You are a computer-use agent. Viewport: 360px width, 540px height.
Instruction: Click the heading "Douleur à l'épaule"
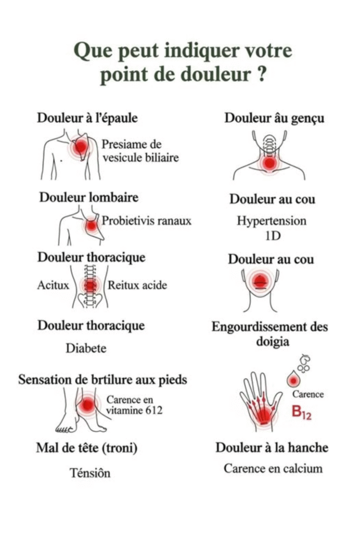pyautogui.click(x=87, y=118)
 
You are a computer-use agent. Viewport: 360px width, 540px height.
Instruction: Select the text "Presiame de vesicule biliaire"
pyautogui.click(x=140, y=151)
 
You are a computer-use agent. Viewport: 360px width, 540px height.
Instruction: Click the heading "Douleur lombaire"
pyautogui.click(x=89, y=198)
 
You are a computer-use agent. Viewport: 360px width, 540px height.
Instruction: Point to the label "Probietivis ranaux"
pyautogui.click(x=146, y=221)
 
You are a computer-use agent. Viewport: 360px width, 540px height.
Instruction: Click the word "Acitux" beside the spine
pyautogui.click(x=53, y=285)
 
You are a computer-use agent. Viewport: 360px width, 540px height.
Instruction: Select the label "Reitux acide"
pyautogui.click(x=138, y=285)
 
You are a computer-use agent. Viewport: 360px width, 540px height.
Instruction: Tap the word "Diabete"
pyautogui.click(x=86, y=348)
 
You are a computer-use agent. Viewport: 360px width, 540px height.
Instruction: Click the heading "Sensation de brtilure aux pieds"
pyautogui.click(x=103, y=380)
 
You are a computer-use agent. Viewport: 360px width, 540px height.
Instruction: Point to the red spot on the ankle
pyautogui.click(x=87, y=406)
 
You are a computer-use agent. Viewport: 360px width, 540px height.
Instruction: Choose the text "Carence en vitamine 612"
pyautogui.click(x=134, y=405)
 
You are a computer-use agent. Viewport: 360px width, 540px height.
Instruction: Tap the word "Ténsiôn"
pyautogui.click(x=91, y=473)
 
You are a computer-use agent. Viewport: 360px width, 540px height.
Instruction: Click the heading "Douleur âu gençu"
pyautogui.click(x=274, y=118)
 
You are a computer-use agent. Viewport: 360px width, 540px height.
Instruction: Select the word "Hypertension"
pyautogui.click(x=271, y=220)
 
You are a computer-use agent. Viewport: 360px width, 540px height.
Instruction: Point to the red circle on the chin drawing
pyautogui.click(x=260, y=281)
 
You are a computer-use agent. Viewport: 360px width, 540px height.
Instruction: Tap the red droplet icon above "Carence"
pyautogui.click(x=293, y=379)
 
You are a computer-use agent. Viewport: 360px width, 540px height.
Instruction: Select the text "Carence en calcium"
pyautogui.click(x=273, y=468)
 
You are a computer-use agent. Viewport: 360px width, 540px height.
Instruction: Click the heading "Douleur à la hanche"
pyautogui.click(x=271, y=448)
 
